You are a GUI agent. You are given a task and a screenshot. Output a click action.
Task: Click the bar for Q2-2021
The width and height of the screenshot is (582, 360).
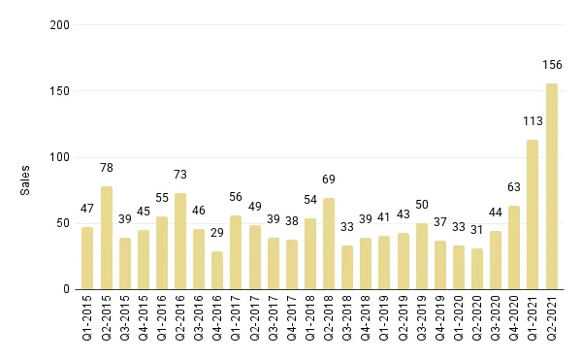(x=551, y=186)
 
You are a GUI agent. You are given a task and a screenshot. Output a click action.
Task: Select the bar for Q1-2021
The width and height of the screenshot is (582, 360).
(x=533, y=214)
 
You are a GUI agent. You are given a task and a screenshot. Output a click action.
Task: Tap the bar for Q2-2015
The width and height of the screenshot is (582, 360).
(x=107, y=238)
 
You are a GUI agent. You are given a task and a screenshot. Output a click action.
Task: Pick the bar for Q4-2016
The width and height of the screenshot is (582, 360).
(x=217, y=270)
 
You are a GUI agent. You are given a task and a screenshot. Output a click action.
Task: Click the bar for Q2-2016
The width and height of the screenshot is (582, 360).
(x=180, y=241)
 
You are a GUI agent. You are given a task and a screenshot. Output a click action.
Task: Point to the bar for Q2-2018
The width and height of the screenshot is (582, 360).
(x=329, y=244)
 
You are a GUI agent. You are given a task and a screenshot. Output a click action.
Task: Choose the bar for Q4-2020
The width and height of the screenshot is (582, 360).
(x=514, y=247)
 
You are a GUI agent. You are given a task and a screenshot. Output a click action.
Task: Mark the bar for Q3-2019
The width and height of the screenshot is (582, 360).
(x=421, y=256)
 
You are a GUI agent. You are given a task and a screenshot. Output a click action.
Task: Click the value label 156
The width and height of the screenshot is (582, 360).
(x=551, y=66)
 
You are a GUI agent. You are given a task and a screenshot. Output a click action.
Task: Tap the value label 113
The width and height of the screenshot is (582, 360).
(x=533, y=122)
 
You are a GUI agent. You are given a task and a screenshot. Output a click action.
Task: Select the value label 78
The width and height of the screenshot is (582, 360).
(x=107, y=169)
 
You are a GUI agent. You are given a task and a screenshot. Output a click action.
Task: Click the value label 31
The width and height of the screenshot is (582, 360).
(x=476, y=231)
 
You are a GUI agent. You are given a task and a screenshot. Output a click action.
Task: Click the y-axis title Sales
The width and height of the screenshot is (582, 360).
(x=26, y=180)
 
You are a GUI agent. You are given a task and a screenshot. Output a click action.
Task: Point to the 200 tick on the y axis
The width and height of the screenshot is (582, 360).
(x=60, y=25)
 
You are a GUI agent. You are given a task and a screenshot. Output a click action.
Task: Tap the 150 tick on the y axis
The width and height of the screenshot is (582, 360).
(x=60, y=91)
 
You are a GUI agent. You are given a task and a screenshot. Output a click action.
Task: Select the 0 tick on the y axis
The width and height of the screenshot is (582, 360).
(x=67, y=289)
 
